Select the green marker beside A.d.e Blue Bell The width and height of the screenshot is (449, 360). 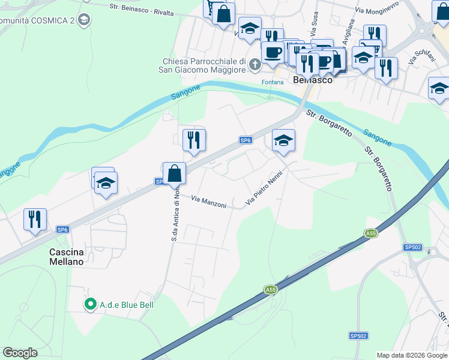point(91,305)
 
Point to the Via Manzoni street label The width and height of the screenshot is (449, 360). point(209,201)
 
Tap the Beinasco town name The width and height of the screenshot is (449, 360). point(312,79)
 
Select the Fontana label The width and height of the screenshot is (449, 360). point(272,82)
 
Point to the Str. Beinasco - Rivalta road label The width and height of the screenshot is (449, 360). point(142,10)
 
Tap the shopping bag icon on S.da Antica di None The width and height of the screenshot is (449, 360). point(174,173)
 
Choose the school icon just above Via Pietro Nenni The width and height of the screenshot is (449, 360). point(283,141)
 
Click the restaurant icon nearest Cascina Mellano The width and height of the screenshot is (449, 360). point(35,219)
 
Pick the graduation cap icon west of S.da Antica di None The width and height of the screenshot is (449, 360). point(106,183)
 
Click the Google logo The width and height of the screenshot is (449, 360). point(20,353)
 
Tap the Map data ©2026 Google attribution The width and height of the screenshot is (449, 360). point(412,355)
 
